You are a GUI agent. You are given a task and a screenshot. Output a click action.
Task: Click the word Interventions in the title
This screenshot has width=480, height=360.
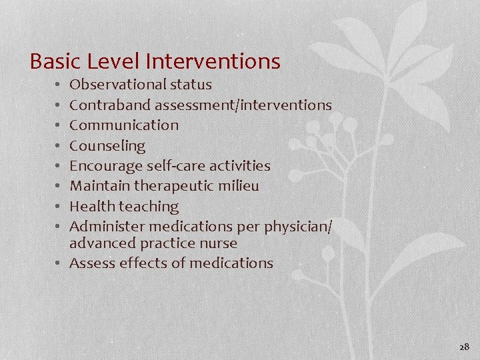[x=212, y=62]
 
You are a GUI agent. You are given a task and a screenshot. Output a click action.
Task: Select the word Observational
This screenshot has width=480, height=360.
[x=117, y=85]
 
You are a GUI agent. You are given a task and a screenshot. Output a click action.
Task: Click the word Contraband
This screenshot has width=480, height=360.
[x=109, y=105]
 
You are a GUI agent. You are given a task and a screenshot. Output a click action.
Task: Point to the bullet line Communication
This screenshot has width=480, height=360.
[x=124, y=125]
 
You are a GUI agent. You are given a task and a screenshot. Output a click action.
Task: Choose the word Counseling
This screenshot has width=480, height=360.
[x=107, y=145]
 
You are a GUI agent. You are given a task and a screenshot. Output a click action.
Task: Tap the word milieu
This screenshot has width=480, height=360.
[x=238, y=186]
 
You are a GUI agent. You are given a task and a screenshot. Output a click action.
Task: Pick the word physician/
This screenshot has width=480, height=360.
[x=299, y=227]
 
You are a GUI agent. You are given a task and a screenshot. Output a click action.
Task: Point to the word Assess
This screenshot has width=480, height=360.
[x=92, y=263]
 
